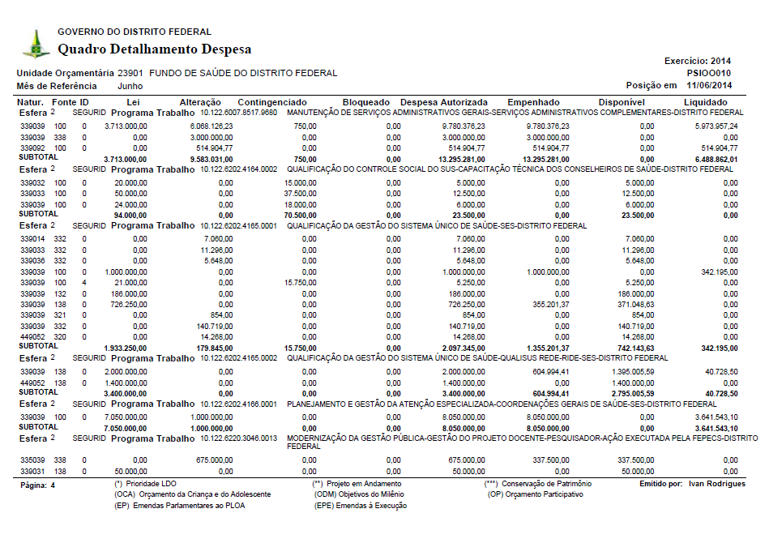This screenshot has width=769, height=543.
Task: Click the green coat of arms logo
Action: coord(35,44)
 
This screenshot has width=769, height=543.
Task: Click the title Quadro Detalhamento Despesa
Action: coord(154,49)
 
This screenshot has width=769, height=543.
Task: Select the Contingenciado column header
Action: coord(271,102)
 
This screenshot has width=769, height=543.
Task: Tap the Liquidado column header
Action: coord(711,102)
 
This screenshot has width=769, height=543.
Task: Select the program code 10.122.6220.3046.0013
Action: coord(239,438)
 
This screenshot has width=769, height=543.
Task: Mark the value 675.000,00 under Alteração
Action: coord(211,459)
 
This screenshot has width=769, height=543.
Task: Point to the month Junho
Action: coord(130,86)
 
